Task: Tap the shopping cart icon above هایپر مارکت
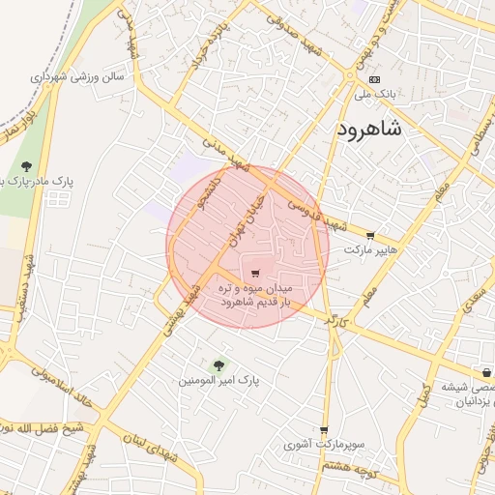[369, 235]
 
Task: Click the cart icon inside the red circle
[255, 272]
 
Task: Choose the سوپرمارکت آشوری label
[323, 446]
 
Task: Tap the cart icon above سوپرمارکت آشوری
[323, 430]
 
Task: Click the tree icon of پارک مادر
[26, 165]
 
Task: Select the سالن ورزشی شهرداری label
[77, 75]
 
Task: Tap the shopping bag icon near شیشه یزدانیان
[484, 373]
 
